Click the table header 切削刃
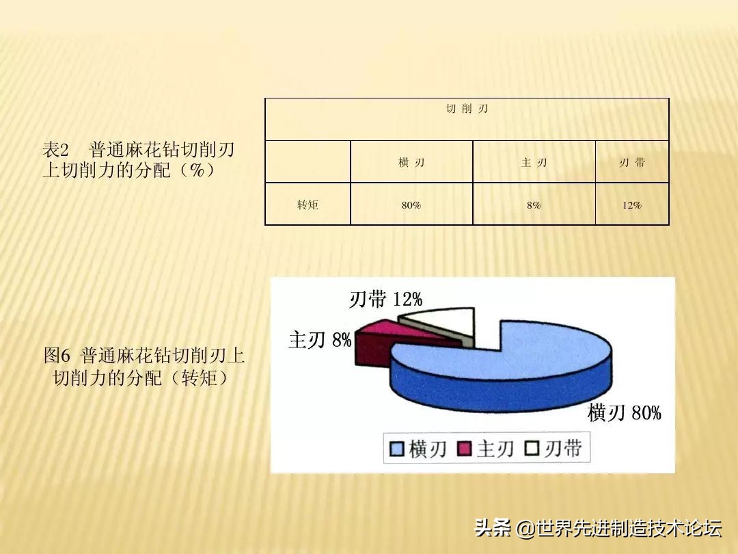467,109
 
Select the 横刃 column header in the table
411,163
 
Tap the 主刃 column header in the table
534,163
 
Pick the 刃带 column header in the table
632,163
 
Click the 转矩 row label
307,205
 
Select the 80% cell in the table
411,205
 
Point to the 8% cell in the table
534,205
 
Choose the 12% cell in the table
632,205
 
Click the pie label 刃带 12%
385,299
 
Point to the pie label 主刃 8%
319,340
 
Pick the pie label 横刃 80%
624,412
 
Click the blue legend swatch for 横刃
397,449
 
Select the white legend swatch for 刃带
532,449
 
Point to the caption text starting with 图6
143,366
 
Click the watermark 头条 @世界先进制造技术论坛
598,528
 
